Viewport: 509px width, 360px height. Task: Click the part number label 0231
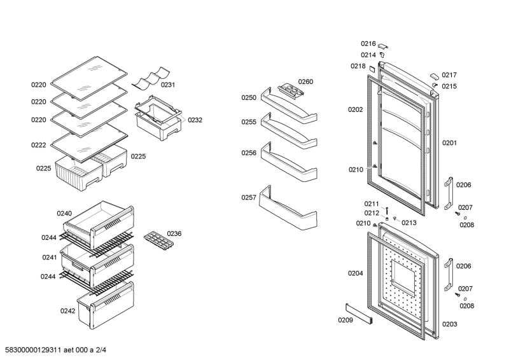(x=168, y=85)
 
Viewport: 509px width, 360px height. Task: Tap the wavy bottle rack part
(x=151, y=78)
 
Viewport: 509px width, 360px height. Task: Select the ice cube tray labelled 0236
(x=158, y=241)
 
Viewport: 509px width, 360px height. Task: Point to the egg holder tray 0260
(x=291, y=90)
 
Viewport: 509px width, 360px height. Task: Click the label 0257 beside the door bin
(x=249, y=197)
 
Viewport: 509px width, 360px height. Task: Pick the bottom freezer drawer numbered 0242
(x=106, y=305)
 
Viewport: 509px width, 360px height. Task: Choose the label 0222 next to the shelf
(x=39, y=145)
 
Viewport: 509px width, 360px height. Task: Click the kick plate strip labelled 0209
(x=359, y=314)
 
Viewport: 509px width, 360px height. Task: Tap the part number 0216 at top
(x=368, y=44)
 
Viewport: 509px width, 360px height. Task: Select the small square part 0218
(x=372, y=69)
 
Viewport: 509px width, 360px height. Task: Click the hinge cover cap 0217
(x=435, y=76)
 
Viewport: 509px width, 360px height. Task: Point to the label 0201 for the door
(x=449, y=143)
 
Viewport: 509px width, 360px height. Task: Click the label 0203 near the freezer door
(x=450, y=324)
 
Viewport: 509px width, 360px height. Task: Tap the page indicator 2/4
(x=101, y=350)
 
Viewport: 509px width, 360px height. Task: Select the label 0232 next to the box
(x=195, y=120)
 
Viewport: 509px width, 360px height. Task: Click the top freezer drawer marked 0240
(x=99, y=225)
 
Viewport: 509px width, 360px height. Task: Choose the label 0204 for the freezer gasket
(x=356, y=273)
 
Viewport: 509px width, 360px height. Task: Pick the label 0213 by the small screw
(x=409, y=223)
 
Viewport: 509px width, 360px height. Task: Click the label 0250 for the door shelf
(x=249, y=98)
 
